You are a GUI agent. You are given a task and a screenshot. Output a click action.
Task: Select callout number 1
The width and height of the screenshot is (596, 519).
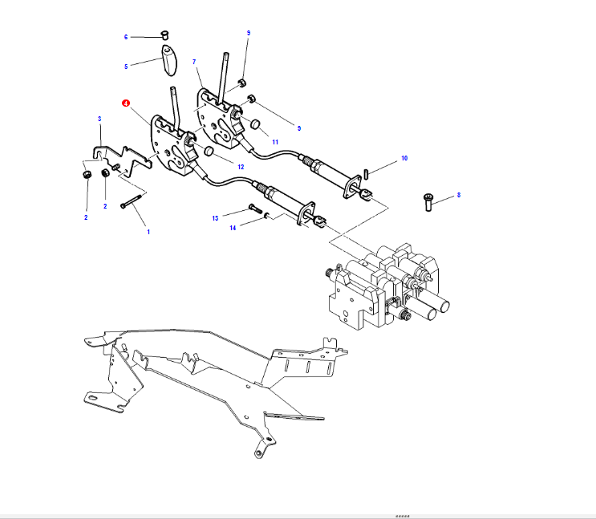(148, 232)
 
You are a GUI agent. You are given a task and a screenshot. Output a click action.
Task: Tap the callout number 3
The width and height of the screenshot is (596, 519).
(99, 119)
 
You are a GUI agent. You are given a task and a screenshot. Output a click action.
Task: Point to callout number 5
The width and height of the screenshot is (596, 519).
(126, 67)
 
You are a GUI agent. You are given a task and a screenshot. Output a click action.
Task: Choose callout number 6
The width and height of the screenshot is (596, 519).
(126, 37)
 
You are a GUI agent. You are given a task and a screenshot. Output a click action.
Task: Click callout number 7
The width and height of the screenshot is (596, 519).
(194, 62)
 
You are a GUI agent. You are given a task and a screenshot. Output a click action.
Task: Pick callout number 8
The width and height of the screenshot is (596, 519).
(459, 194)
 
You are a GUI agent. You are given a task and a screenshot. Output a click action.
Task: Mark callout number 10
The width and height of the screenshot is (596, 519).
(404, 159)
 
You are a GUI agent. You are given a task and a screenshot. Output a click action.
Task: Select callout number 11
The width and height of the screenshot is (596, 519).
(275, 141)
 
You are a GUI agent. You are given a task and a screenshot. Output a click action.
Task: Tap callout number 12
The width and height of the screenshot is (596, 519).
(240, 166)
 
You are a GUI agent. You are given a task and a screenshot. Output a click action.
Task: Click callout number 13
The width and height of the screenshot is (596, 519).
(215, 217)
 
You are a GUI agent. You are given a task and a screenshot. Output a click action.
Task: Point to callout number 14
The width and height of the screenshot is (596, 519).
(233, 229)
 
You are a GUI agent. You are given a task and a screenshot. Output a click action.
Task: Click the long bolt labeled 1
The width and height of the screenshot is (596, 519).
(132, 201)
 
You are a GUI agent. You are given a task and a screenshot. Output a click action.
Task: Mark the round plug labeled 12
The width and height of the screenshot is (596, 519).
(208, 152)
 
